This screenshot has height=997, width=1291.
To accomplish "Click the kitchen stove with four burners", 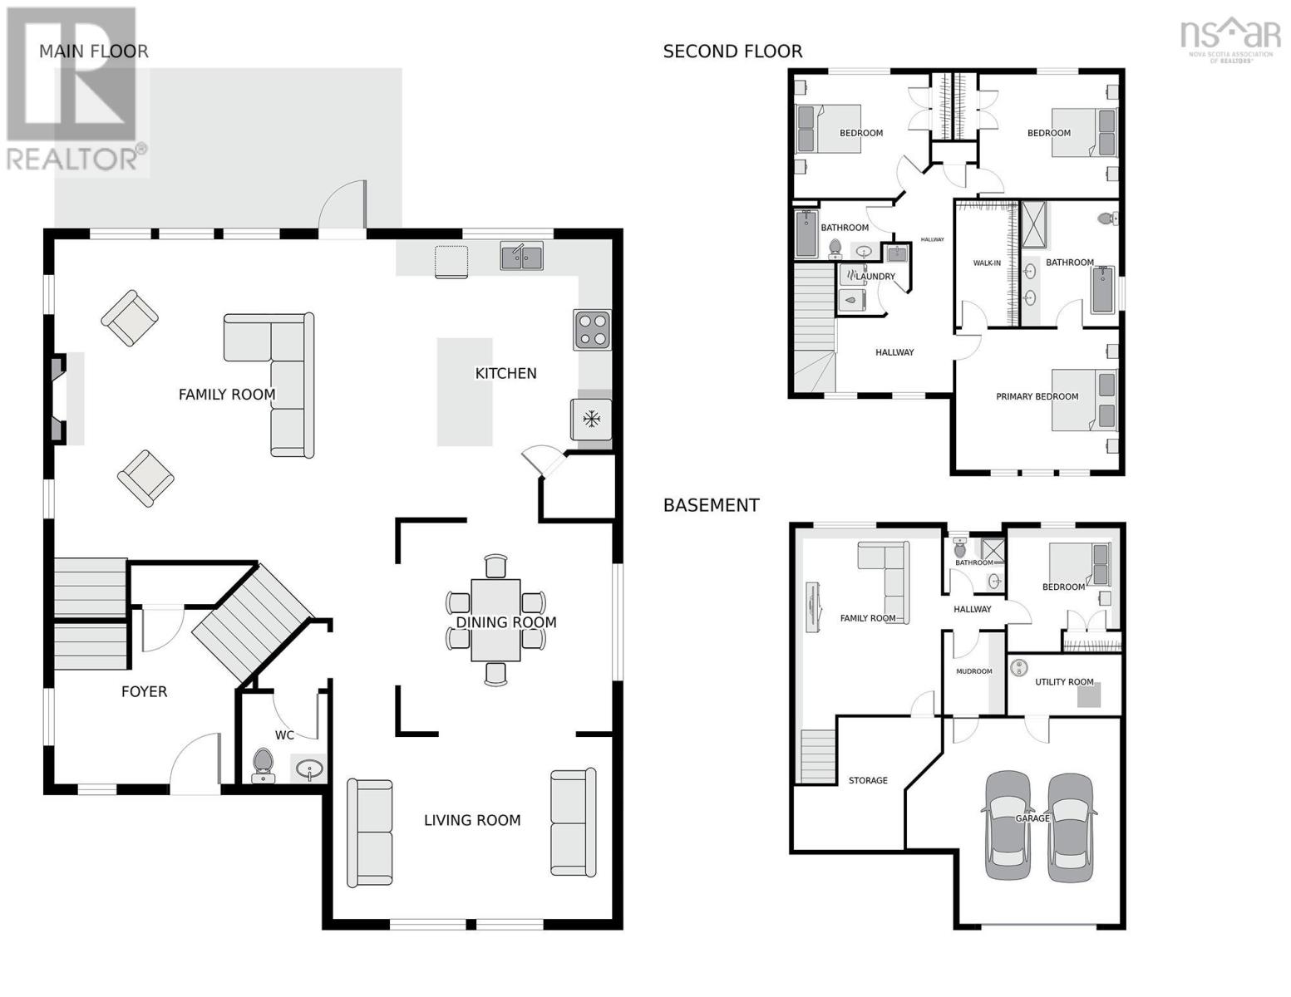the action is pos(592,330).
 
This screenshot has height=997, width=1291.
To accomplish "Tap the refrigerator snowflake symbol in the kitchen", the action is pos(591,420).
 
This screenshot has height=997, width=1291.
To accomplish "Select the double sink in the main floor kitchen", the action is pos(521,256).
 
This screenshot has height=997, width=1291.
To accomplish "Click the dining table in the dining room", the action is pos(495,621).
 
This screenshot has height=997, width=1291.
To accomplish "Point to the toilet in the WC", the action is pos(263,765).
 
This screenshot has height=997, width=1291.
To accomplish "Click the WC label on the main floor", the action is pos(284,735).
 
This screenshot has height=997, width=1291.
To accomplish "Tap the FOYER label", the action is pos(145,692).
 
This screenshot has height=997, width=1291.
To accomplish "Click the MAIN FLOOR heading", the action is pos(94,52).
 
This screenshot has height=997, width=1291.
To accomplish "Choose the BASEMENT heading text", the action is pos(711,505).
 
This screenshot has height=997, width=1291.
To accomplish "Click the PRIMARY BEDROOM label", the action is pos(1037,396).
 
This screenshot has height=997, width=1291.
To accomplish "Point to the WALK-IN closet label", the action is pos(987,263).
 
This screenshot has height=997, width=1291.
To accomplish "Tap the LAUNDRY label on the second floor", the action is pos(875,277).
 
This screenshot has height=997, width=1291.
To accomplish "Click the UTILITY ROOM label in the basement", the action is pos(1064,681).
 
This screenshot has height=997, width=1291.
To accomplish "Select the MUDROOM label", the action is pos(973,671).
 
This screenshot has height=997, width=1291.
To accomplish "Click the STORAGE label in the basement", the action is pos(868,780).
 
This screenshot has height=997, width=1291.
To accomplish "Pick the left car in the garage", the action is pos(1008,825).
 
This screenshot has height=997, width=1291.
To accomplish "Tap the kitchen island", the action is pos(465,392).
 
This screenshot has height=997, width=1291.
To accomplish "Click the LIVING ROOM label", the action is pos(472,820).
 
